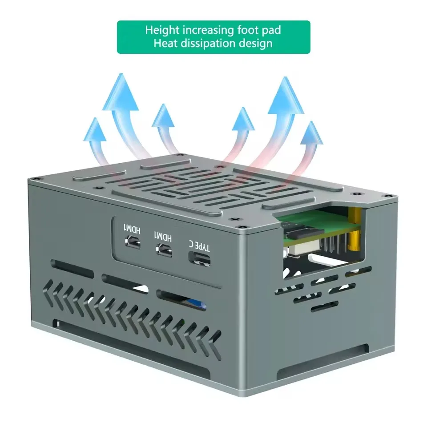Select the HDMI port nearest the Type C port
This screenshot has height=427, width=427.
[x=164, y=250]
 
